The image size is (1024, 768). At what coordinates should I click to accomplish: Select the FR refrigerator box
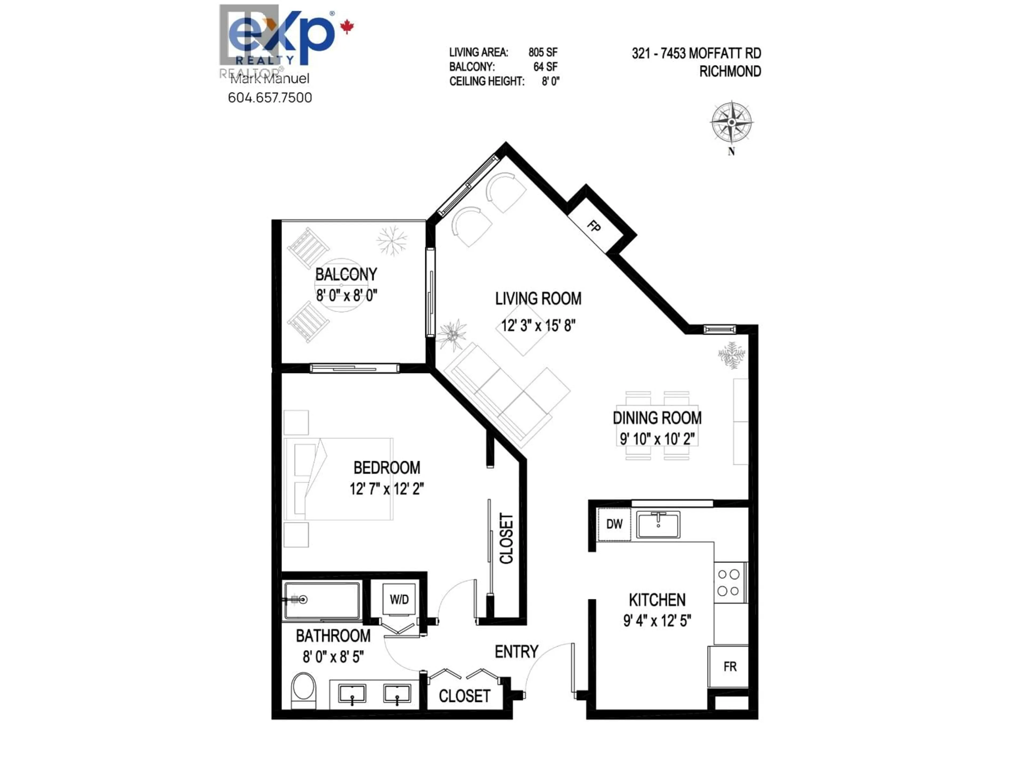click(x=730, y=667)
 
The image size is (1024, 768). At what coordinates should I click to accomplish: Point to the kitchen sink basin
click(x=658, y=525)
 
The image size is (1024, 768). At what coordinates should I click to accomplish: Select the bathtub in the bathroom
click(x=322, y=601)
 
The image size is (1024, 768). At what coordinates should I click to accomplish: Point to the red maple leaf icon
click(x=347, y=27)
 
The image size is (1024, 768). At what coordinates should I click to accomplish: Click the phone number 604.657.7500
click(x=270, y=98)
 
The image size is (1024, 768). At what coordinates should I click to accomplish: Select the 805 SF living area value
click(x=543, y=52)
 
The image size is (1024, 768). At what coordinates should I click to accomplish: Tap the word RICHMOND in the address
click(x=730, y=72)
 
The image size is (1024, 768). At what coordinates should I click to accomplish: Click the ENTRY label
click(x=516, y=652)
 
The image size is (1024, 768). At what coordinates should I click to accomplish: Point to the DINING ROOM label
click(x=657, y=418)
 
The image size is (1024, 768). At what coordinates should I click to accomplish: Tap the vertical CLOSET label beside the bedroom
click(x=506, y=538)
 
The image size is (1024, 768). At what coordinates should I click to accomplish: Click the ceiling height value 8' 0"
click(x=550, y=82)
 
